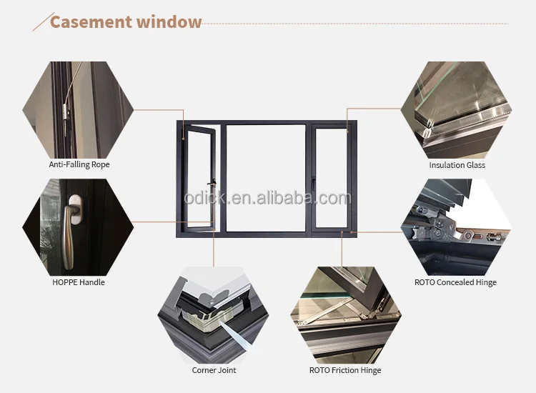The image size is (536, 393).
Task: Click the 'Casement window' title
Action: click(126, 22)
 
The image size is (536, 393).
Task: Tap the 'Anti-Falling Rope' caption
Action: click(79, 164)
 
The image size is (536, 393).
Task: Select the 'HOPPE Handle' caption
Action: click(79, 282)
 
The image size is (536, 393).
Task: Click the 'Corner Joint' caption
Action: click(214, 370)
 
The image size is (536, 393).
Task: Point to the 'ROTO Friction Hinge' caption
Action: click(345, 370)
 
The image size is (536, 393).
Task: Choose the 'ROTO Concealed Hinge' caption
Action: click(456, 282)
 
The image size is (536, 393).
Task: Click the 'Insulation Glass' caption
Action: click(457, 165)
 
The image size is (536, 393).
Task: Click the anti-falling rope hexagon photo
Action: click(78, 110)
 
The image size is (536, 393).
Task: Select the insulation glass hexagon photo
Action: click(457, 110)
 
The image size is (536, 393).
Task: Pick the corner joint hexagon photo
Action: click(213, 315)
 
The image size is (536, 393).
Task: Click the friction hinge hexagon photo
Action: click(346, 315)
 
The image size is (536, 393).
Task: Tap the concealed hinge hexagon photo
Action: click(457, 227)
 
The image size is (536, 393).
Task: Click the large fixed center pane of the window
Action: click(266, 178)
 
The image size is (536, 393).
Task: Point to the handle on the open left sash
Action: click(213, 184)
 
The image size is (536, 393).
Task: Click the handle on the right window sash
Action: click(313, 183)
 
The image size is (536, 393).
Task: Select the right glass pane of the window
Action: click(331, 178)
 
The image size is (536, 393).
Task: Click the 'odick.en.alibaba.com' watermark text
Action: click(267, 198)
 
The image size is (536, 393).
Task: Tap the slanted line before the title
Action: click(44, 21)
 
